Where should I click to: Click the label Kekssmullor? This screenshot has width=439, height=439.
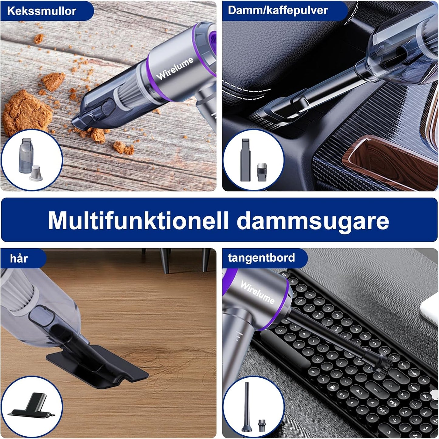click(42, 11)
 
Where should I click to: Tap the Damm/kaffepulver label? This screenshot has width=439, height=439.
click(278, 10)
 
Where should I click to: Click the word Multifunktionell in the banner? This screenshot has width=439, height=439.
click(138, 220)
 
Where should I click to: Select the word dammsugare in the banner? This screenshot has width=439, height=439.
click(313, 221)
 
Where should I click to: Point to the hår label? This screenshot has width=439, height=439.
click(19, 258)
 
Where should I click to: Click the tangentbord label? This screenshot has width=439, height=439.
click(261, 258)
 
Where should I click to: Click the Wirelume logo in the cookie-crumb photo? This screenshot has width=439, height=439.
click(175, 69)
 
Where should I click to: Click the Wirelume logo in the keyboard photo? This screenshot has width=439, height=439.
click(258, 292)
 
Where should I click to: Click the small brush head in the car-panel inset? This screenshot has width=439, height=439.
click(262, 172)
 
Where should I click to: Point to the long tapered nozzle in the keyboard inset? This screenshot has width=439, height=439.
click(247, 407)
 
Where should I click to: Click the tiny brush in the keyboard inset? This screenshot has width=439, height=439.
click(261, 425)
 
